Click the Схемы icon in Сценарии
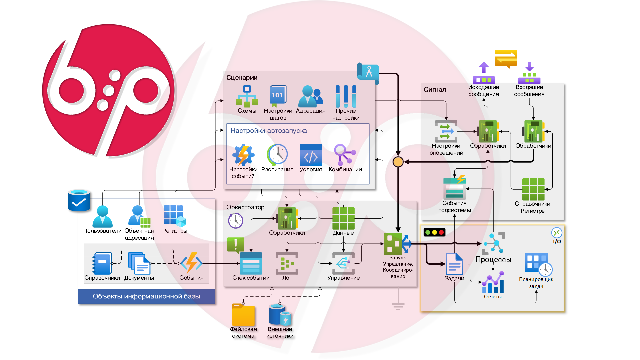[x=247, y=96]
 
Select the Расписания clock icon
[x=277, y=155]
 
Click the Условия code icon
[x=311, y=155]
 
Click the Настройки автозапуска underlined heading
[x=268, y=131]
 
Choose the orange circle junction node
[x=398, y=162]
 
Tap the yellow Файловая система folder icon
[x=243, y=315]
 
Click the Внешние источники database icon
[x=280, y=314]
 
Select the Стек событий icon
[x=251, y=263]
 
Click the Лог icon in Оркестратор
[x=287, y=263]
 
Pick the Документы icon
[x=139, y=263]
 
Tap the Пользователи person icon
[x=102, y=216]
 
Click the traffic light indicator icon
[x=434, y=232]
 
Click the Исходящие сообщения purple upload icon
[x=484, y=73]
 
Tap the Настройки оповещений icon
[x=446, y=131]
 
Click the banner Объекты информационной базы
[x=146, y=296]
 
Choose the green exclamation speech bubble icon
[x=235, y=245]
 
